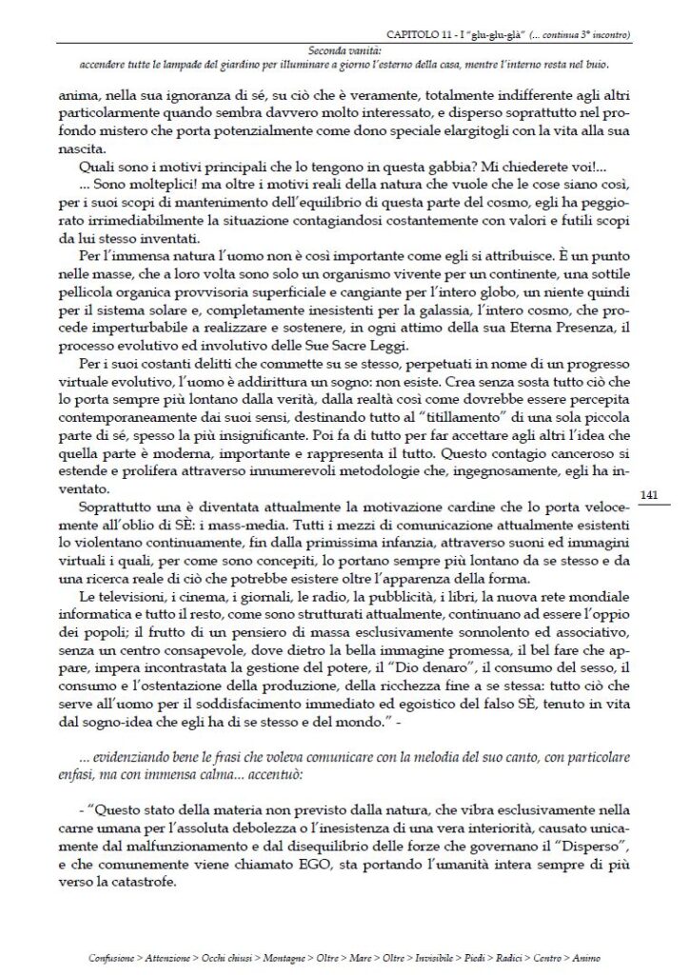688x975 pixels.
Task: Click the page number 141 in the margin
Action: pyautogui.click(x=652, y=494)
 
